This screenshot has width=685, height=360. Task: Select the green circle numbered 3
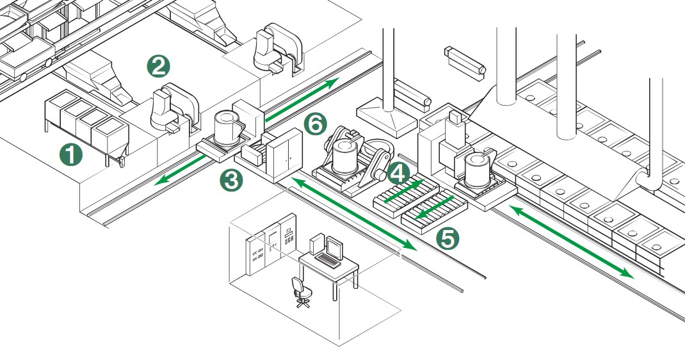(x=230, y=180)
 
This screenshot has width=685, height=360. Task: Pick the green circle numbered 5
(x=447, y=238)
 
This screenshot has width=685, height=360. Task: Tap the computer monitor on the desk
(x=334, y=246)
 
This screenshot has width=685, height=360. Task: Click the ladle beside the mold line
(x=478, y=168)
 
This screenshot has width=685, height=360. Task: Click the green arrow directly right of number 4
(x=407, y=190)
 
